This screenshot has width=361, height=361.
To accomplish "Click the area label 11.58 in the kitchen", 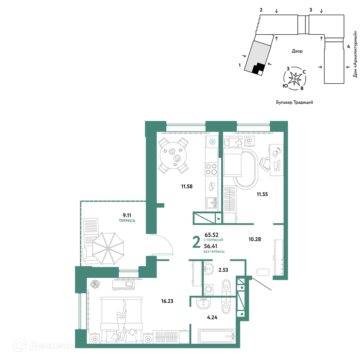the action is (x=187, y=186).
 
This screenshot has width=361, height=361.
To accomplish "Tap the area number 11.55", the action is (x=262, y=194).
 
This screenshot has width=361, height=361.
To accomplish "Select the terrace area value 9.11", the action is (x=127, y=215).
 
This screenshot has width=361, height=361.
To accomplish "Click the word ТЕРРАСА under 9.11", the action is (x=127, y=221).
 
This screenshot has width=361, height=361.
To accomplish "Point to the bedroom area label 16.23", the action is (x=167, y=301).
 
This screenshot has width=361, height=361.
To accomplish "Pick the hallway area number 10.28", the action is (x=255, y=239).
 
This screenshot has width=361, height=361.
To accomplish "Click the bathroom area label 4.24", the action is (x=212, y=317).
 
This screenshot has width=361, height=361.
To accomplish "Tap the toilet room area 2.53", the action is (x=223, y=270).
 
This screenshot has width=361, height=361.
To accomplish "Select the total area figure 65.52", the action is (x=211, y=235).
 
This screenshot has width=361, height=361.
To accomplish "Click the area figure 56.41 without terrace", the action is (x=210, y=246).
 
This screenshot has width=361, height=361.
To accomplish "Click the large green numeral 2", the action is (x=196, y=242).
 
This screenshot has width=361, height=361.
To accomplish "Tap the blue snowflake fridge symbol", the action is (x=212, y=142).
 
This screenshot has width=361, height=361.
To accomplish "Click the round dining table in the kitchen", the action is (x=173, y=155).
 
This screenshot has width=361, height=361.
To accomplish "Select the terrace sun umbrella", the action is (x=108, y=248).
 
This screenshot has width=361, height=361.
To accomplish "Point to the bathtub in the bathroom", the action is (x=216, y=336).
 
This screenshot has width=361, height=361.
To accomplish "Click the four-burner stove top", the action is (x=212, y=169).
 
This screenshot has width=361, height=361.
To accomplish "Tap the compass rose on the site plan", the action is (x=295, y=78).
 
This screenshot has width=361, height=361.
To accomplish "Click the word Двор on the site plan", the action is (x=297, y=51).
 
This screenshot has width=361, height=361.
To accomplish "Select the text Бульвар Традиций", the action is (x=295, y=102).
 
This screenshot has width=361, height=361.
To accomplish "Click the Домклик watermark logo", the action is (x=43, y=345).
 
